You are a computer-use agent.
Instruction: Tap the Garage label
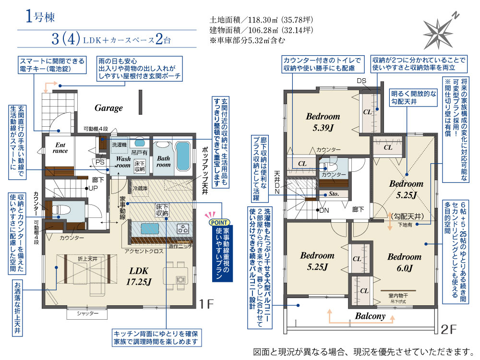click(x=108, y=108)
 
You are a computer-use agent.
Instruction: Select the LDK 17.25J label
click(x=139, y=276)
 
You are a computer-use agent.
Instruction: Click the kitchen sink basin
click(x=150, y=228)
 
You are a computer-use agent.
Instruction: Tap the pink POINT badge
click(x=219, y=223)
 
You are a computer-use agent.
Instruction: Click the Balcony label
click(x=370, y=316)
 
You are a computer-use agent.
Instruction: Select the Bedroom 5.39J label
click(x=323, y=122)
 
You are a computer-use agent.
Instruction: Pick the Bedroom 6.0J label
click(x=404, y=263)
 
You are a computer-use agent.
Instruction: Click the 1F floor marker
click(x=206, y=304)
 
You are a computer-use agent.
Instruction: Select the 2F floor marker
click(x=449, y=329)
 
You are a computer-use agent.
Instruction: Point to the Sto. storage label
click(x=334, y=194)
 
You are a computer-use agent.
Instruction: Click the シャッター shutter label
click(x=87, y=313)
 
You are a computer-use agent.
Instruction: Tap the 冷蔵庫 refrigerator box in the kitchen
click(x=140, y=188)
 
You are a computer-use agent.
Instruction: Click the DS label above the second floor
click(x=361, y=81)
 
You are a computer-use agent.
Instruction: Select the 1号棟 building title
click(x=40, y=16)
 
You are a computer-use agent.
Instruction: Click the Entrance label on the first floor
click(x=60, y=148)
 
